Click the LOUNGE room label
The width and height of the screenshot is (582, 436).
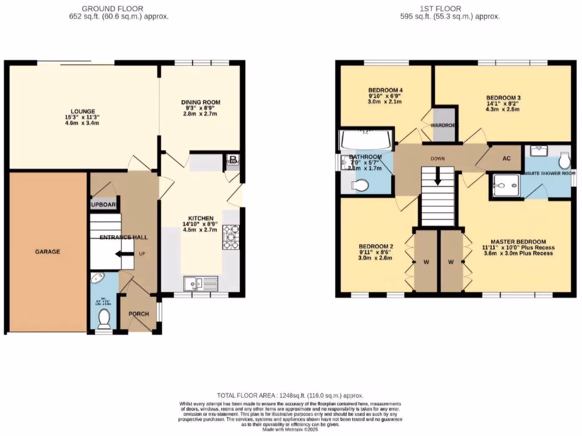pyautogui.click(x=83, y=111)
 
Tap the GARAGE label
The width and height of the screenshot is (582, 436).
pyautogui.click(x=49, y=251)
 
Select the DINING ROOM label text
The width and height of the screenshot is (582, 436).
pyautogui.click(x=201, y=102)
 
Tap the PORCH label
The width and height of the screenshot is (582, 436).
pyautogui.click(x=139, y=314)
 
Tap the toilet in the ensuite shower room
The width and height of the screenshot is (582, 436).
pyautogui.click(x=564, y=162)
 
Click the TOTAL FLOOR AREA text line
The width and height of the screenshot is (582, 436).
pyautogui.click(x=290, y=395)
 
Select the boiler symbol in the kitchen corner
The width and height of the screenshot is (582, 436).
pyautogui.click(x=232, y=161)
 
